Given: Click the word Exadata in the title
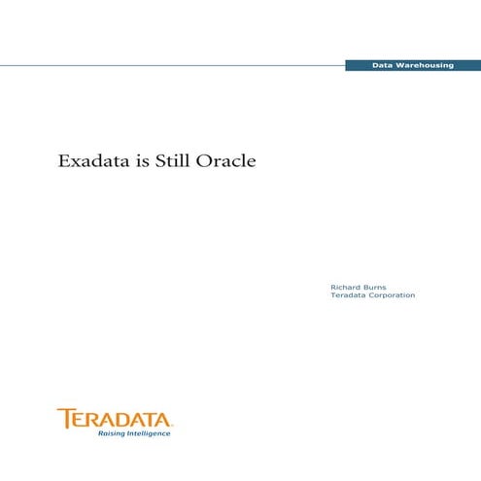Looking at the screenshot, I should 93,160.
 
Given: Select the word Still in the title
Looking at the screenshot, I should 176,160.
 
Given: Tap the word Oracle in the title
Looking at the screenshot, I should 226,160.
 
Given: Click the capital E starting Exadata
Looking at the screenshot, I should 65,160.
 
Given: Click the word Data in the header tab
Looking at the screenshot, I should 383,64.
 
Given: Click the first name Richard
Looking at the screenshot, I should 347,287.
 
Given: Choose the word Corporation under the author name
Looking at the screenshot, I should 392,295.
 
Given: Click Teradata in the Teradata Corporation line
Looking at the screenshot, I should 349,295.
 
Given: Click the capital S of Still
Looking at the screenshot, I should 161,160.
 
